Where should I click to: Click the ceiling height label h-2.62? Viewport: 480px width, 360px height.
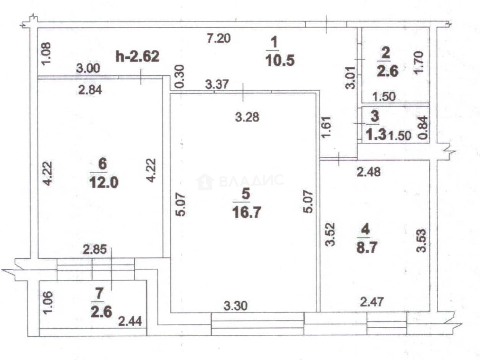pos(137,56)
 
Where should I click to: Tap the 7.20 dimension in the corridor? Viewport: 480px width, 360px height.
pos(219,39)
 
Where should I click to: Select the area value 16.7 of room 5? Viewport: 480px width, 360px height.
pos(247,212)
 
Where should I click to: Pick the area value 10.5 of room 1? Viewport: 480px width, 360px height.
pos(280,60)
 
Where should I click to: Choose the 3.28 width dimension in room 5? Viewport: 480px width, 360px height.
pos(247,117)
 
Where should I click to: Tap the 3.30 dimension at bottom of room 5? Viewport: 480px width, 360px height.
pos(235,306)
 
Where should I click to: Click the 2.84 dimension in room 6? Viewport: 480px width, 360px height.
pos(90,90)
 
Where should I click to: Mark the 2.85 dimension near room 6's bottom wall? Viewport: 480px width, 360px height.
pos(95,249)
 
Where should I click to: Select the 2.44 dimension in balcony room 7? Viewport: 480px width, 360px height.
pos(130,321)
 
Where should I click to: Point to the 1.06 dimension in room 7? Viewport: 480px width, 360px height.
pos(48,303)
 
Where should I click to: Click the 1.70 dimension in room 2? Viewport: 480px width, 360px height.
pos(419,63)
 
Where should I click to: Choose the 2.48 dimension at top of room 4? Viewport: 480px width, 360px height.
pos(369,172)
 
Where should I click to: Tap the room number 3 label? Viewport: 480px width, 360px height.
pos(375,116)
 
